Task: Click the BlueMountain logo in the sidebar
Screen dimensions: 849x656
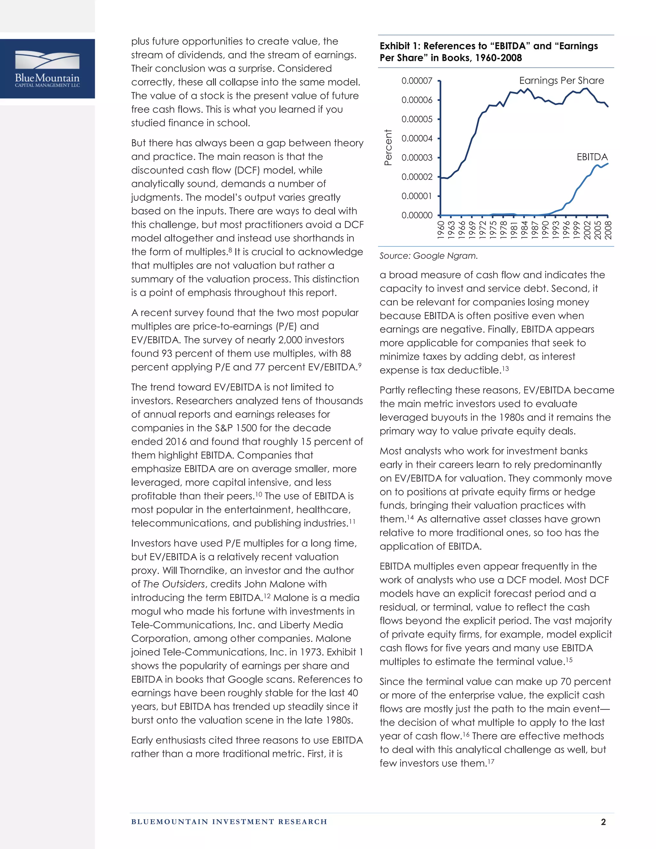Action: click(47, 69)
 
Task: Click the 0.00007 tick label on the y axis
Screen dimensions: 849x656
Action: click(417, 81)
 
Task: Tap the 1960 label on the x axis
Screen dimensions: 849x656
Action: click(441, 230)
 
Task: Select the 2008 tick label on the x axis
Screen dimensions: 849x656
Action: click(608, 230)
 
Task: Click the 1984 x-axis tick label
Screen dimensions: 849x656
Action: click(525, 230)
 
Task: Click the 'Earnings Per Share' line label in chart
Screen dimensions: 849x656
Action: click(561, 80)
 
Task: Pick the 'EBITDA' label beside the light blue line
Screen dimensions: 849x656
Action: click(592, 157)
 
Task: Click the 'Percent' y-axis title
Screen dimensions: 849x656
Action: click(388, 148)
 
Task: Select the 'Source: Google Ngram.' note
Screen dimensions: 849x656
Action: click(428, 256)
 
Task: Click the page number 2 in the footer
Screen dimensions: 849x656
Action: click(603, 822)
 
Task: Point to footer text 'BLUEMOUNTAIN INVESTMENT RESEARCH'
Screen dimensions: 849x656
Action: click(229, 822)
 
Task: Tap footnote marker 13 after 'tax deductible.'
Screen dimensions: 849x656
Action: click(505, 368)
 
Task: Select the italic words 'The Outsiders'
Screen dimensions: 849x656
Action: click(174, 584)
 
